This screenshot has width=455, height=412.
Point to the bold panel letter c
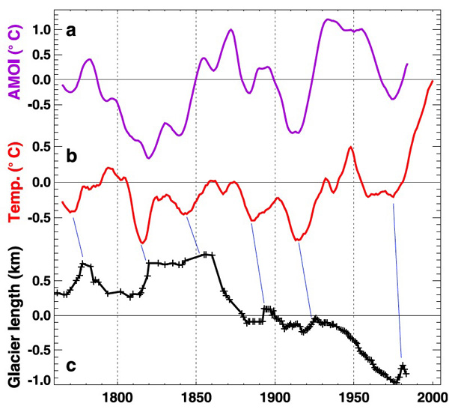pyautogui.click(x=71, y=365)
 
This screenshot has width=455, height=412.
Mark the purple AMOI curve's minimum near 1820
pyautogui.click(x=149, y=158)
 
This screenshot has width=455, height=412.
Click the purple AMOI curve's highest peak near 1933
pyautogui.click(x=327, y=19)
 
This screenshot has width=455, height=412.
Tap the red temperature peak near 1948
pyautogui.click(x=351, y=148)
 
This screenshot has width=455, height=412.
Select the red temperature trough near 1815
pyautogui.click(x=142, y=243)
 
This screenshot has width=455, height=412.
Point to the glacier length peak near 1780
pyautogui.click(x=84, y=264)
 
